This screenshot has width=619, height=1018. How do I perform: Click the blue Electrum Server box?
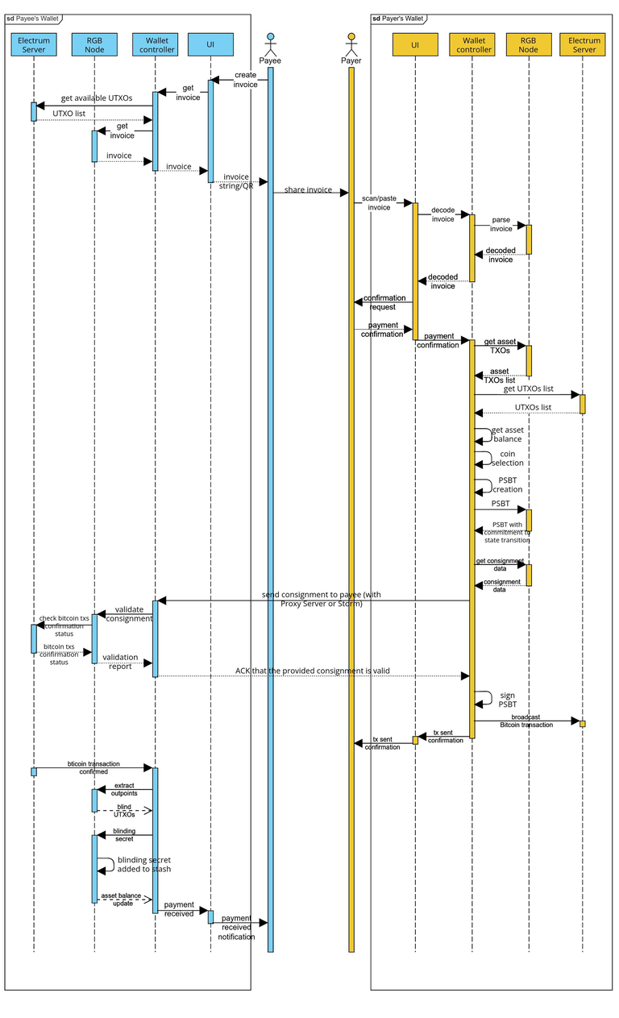tap(34, 44)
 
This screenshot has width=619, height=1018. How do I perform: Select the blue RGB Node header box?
tap(94, 44)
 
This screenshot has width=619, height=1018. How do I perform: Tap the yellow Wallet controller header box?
tap(472, 44)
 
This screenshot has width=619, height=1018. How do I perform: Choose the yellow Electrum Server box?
tap(584, 44)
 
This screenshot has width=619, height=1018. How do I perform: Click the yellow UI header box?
tap(415, 44)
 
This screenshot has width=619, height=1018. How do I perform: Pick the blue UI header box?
tap(210, 44)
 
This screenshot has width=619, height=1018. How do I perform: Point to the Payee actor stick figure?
tap(270, 44)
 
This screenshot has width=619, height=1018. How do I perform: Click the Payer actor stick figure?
tap(351, 44)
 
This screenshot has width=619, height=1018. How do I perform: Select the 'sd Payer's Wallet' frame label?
tap(398, 18)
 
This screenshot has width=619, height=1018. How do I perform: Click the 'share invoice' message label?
tap(308, 190)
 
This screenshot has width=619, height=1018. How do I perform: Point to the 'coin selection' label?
tap(507, 459)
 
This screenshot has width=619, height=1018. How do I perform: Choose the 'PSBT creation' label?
tap(507, 484)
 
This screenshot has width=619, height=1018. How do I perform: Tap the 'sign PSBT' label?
tap(507, 700)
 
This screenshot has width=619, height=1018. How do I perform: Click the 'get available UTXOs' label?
tap(97, 98)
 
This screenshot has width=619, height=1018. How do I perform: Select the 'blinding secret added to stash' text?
tap(143, 864)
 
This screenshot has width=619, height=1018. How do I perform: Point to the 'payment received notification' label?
tap(236, 927)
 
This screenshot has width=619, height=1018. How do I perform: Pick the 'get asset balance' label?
tap(507, 434)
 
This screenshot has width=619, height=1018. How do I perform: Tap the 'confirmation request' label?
tap(383, 302)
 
